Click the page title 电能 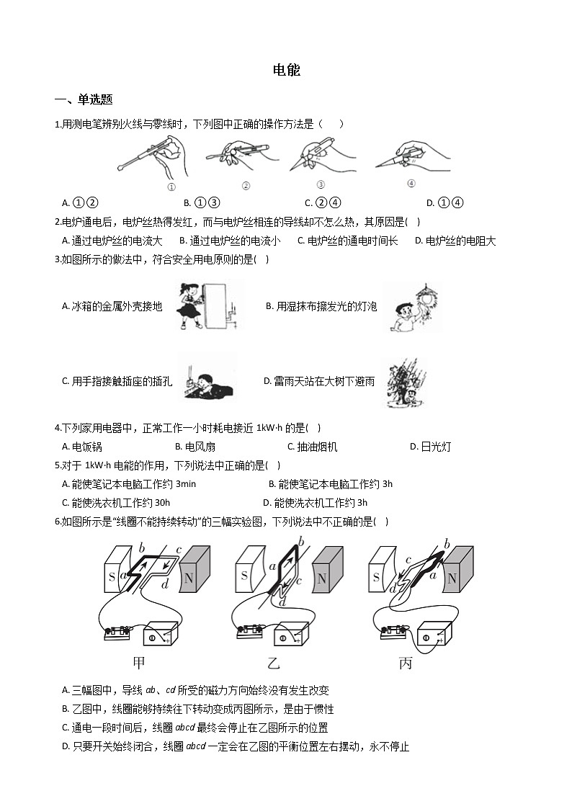coord(286,70)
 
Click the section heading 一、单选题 coord(84,99)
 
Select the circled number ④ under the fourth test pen coord(411,183)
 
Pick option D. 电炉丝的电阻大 coord(455,241)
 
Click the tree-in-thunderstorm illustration coord(406,382)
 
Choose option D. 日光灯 coord(430,447)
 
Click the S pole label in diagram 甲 coord(112,576)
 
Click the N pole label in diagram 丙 coord(452,578)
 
